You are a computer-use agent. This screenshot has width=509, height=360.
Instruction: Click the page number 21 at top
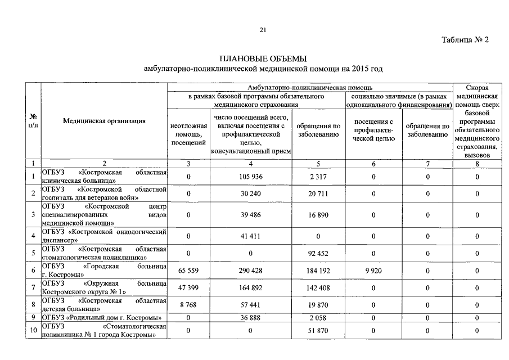point(263,30)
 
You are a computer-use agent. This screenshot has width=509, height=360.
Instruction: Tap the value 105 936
point(251,177)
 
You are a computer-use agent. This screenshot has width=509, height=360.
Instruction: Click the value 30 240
point(251,194)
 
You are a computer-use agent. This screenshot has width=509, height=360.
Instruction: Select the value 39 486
point(251,215)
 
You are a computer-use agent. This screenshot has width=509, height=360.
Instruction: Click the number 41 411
point(251,236)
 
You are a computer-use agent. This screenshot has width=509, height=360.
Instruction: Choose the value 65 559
point(188,271)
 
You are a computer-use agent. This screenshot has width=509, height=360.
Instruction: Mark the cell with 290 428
point(251,271)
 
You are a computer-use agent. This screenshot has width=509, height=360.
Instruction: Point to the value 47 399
point(188,288)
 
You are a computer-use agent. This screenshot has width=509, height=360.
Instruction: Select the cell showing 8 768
point(188,305)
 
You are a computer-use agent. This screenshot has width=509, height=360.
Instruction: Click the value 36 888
point(251,318)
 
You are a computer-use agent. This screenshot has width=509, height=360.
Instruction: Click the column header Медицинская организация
point(105,121)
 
